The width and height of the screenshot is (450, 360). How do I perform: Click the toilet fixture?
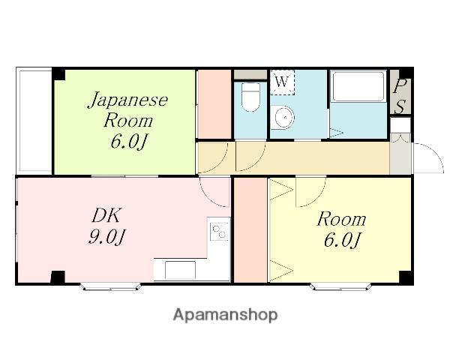pyautogui.click(x=250, y=97)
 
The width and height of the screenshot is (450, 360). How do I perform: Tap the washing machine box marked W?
pyautogui.click(x=282, y=82)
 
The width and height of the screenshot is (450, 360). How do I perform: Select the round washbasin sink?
pyautogui.click(x=283, y=117)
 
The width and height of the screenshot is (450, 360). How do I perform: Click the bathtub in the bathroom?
pyautogui.click(x=358, y=86)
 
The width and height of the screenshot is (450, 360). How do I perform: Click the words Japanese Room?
pyautogui.click(x=128, y=110)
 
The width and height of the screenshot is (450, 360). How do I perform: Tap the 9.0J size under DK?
pyautogui.click(x=107, y=237)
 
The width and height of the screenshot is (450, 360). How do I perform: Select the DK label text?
pyautogui.click(x=106, y=215)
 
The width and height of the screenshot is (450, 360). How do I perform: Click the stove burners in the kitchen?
pyautogui.click(x=220, y=232)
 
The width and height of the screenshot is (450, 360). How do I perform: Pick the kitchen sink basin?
pyautogui.click(x=180, y=270)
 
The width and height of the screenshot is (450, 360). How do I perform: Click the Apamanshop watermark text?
pyautogui.click(x=225, y=315)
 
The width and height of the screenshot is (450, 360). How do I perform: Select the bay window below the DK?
pyautogui.click(x=110, y=287)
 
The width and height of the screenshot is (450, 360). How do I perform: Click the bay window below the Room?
pyautogui.click(x=340, y=287)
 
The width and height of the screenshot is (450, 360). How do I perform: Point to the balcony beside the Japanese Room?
pyautogui.click(x=34, y=121)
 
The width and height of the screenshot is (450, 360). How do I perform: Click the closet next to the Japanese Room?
pyautogui.click(x=214, y=104)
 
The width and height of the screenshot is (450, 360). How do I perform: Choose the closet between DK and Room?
pyautogui.click(x=250, y=230)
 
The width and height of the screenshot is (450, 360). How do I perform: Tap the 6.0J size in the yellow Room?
pyautogui.click(x=342, y=239)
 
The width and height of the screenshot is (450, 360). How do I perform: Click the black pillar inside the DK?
pyautogui.click(x=58, y=277)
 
